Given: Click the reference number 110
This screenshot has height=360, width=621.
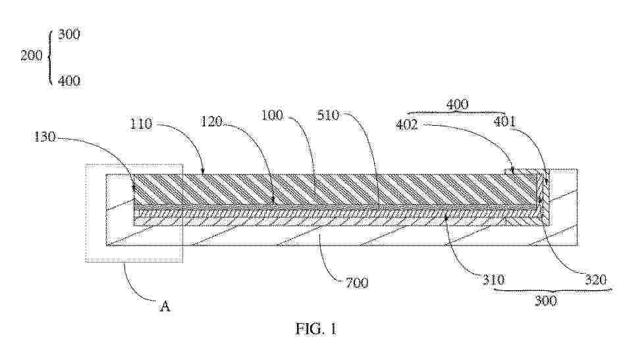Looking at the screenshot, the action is (142, 124).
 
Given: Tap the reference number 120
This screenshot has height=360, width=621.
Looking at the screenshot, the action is (211, 121).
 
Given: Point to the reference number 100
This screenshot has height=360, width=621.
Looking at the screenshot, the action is (273, 115).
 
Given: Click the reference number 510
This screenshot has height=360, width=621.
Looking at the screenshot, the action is (329, 115).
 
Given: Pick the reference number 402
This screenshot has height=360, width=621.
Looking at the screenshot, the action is (407, 124).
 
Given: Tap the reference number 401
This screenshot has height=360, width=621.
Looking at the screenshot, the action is (504, 121).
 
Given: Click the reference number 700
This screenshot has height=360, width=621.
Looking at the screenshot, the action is (357, 282).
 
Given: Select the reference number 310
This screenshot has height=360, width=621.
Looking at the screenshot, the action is (493, 280).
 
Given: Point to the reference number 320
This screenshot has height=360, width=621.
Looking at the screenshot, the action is (596, 280).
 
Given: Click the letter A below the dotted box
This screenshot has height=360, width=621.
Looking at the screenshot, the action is (165, 306).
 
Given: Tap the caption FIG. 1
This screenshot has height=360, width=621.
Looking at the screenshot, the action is (316, 328).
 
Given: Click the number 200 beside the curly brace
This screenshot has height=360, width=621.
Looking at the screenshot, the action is (32, 55).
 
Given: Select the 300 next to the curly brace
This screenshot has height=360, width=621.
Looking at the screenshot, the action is (69, 34).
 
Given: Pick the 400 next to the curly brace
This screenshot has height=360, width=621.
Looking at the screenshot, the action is (69, 81).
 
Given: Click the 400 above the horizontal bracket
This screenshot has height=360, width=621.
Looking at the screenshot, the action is (457, 105).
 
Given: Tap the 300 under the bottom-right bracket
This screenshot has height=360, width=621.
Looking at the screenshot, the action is (546, 301).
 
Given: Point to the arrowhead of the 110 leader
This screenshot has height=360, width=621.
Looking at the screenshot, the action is (203, 172).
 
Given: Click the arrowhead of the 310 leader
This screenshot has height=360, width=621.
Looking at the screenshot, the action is (446, 217).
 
